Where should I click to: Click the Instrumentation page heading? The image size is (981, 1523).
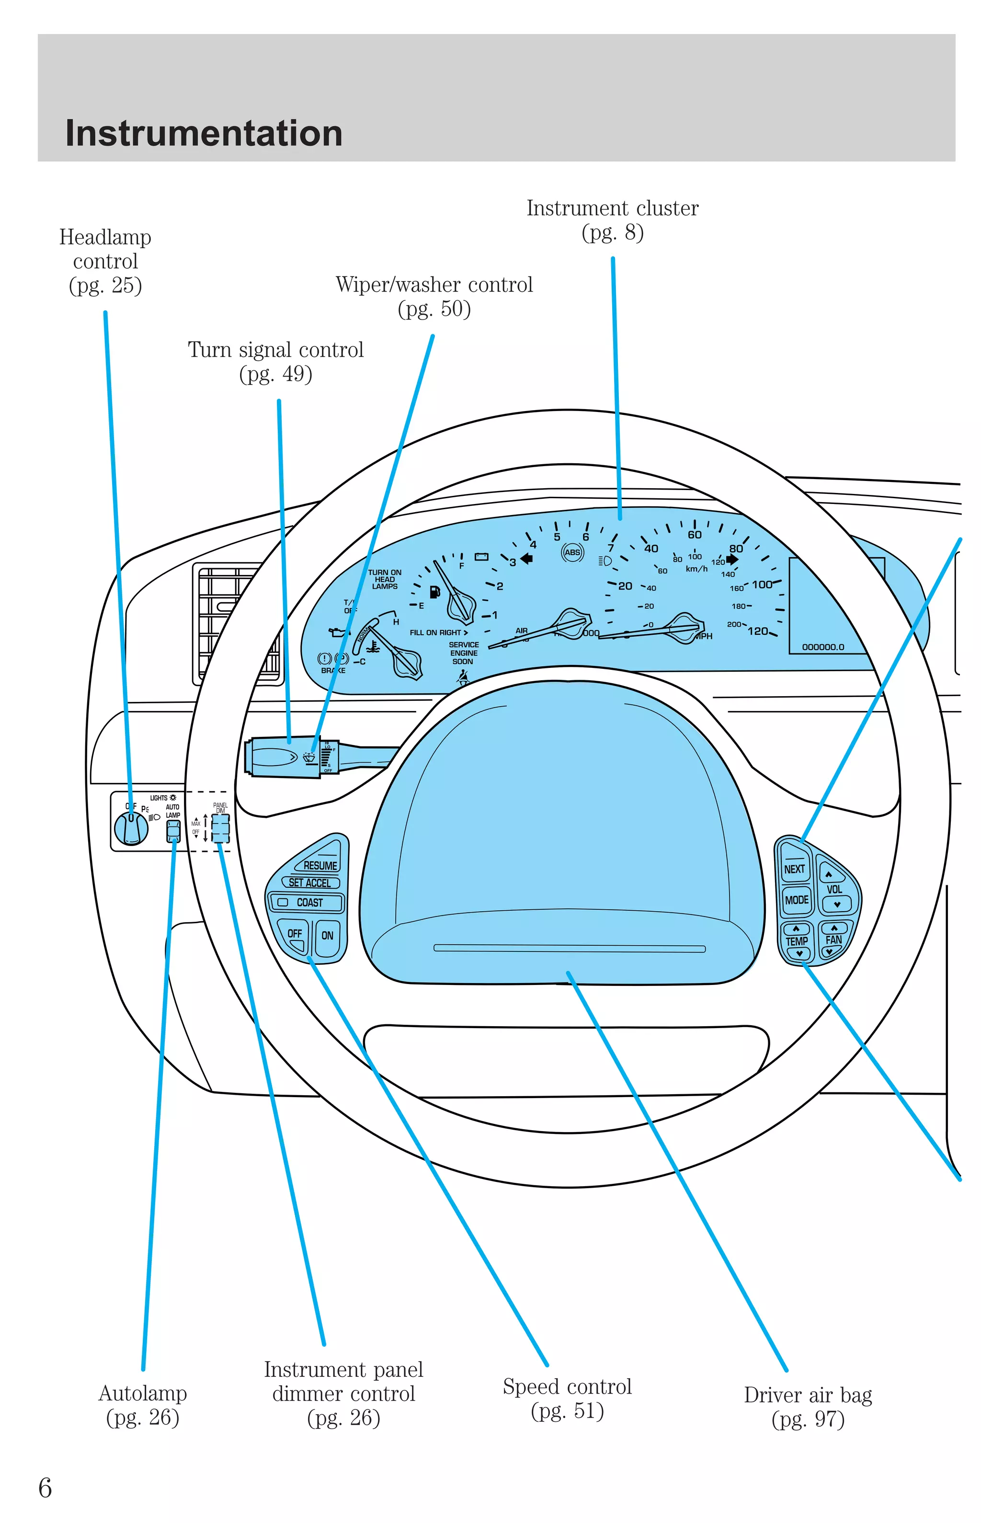pos(204,134)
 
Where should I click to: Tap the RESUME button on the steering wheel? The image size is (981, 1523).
pos(320,865)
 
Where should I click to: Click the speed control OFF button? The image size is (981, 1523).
pos(294,934)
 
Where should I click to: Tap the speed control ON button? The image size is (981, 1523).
pos(328,936)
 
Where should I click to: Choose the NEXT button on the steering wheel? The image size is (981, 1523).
pos(794,869)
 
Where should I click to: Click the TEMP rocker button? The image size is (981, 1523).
pos(796,941)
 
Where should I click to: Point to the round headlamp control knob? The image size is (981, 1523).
pos(131,827)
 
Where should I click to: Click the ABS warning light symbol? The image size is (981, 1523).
pos(572,552)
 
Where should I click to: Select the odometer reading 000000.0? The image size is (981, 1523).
pos(823,647)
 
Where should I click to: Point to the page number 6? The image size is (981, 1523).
pos(45,1488)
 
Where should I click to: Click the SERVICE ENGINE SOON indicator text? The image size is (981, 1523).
pos(464,653)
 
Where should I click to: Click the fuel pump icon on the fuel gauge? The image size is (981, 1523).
pos(434,592)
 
